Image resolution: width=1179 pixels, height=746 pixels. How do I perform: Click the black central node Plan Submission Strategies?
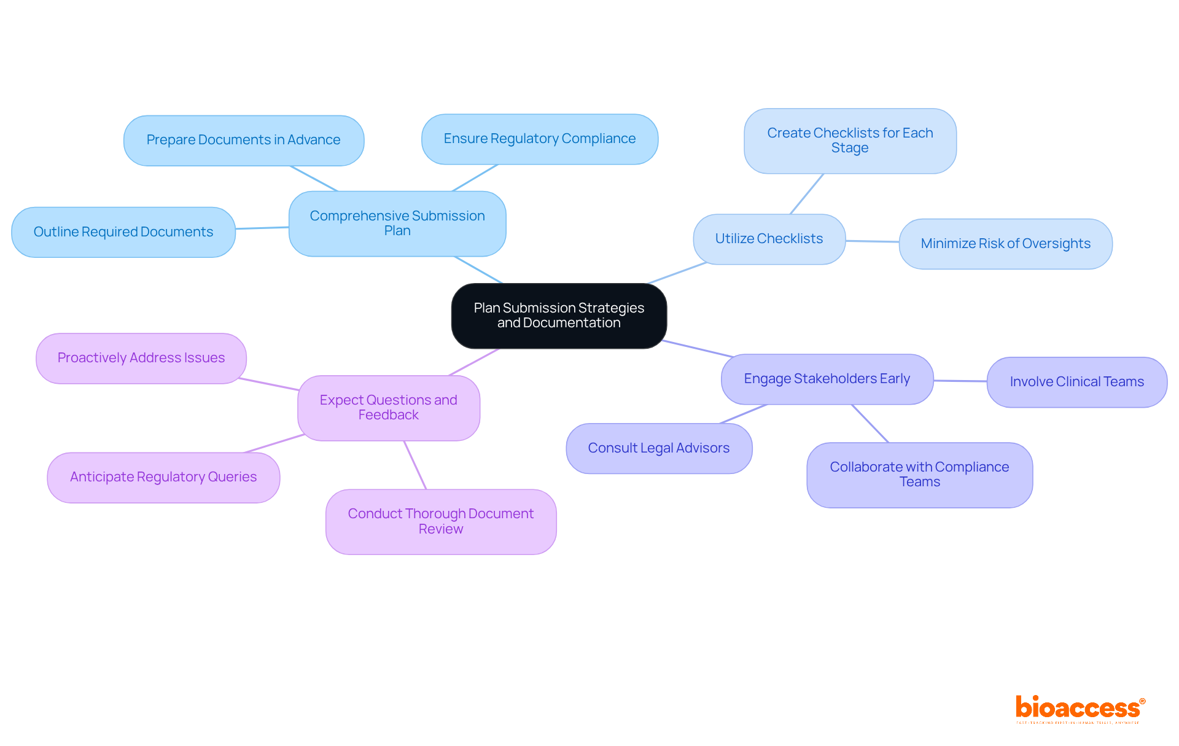point(559,316)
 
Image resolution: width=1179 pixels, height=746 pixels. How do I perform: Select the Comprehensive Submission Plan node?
point(397,223)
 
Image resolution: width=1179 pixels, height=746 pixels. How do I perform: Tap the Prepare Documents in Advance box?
point(244,140)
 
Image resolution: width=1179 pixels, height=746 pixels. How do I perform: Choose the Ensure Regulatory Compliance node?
point(540,139)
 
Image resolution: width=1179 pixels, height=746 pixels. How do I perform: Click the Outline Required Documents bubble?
point(123,232)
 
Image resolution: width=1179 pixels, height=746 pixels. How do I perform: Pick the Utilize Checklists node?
point(769,239)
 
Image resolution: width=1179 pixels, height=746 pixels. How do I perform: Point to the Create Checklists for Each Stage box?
point(850,141)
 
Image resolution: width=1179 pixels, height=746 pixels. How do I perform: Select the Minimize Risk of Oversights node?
point(1005,244)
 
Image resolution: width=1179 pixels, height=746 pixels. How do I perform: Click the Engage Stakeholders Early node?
point(827,379)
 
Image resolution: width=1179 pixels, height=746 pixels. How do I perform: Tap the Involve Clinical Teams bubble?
point(1076,382)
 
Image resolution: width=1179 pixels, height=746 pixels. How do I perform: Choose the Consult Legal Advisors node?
point(659,448)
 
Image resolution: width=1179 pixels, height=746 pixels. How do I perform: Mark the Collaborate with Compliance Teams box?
point(919,475)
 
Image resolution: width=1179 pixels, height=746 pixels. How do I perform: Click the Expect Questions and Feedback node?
point(389,408)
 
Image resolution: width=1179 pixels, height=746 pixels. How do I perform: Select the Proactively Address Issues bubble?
point(141,358)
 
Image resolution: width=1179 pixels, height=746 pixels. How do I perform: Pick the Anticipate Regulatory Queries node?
point(163,477)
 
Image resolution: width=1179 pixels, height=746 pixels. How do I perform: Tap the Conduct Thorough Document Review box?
point(441,521)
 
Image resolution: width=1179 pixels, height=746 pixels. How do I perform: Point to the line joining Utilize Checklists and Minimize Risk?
point(872,241)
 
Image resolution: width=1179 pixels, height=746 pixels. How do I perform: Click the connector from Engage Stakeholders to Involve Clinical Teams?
point(960,381)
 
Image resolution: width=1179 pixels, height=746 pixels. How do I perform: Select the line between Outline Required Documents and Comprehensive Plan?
point(262,228)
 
